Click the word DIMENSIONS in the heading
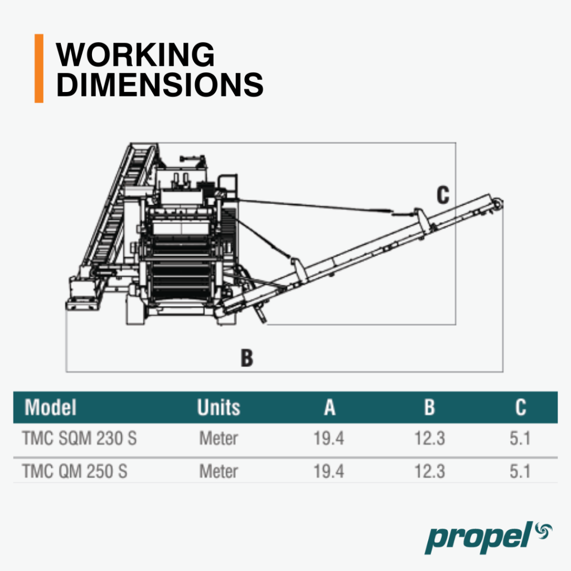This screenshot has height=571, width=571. tap(159, 85)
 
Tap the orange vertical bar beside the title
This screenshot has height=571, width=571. tap(39, 69)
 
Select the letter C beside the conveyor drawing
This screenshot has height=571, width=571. tap(443, 195)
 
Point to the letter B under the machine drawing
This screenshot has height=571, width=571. tap(247, 357)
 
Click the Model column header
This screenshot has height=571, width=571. tap(50, 407)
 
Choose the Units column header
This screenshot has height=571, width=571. tap(219, 407)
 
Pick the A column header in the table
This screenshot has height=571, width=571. tap(330, 407)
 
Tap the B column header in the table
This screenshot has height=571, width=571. tap(430, 407)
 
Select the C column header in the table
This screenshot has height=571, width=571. tap(521, 407)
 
